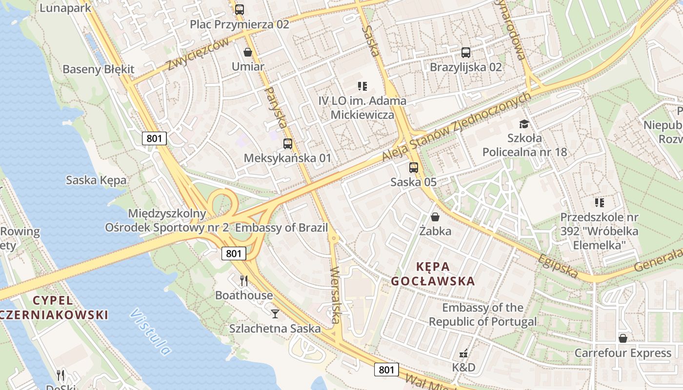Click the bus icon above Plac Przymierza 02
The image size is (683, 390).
click(x=239, y=9)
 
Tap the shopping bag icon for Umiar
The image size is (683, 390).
click(x=248, y=52)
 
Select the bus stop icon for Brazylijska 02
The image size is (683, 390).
click(x=466, y=52)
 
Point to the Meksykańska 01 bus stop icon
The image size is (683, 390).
click(x=288, y=144)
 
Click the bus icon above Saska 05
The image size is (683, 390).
click(x=414, y=168)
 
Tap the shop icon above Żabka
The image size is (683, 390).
click(x=435, y=216)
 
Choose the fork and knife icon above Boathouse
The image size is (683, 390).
click(x=244, y=280)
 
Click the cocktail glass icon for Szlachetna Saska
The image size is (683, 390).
click(x=275, y=313)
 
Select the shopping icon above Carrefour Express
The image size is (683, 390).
click(x=623, y=338)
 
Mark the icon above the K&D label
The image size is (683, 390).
click(x=464, y=352)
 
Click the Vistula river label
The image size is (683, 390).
click(x=151, y=331)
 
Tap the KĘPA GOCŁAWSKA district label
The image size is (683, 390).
click(x=433, y=273)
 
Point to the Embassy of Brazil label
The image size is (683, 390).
click(x=281, y=228)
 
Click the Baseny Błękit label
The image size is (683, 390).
click(x=98, y=69)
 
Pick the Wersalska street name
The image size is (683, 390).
click(x=335, y=295)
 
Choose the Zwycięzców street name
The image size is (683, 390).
click(x=198, y=54)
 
